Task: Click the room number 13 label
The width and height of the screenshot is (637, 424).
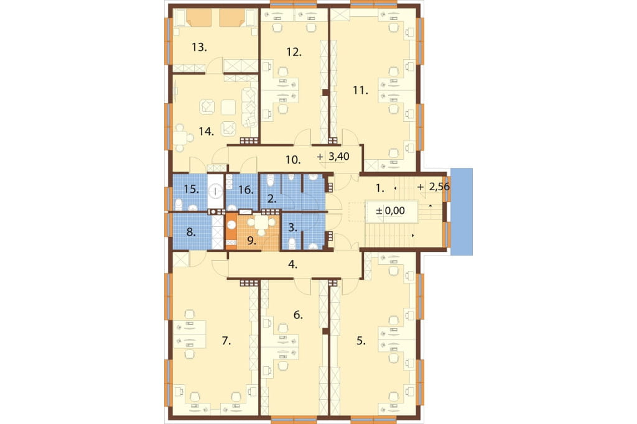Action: [x=199, y=47]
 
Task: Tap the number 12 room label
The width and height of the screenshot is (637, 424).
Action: [x=294, y=52]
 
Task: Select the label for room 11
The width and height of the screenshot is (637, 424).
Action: [x=360, y=90]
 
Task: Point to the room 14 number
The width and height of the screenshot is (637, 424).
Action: [x=207, y=132]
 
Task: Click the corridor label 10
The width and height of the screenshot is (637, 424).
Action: [x=292, y=160]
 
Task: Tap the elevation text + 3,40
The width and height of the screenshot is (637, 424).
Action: [x=333, y=157]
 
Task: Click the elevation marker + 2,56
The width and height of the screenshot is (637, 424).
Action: [x=434, y=187]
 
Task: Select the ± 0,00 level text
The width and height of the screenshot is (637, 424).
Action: [x=391, y=211]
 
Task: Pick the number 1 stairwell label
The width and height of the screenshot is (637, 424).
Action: [x=379, y=188]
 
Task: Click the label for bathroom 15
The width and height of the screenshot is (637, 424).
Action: [x=191, y=189]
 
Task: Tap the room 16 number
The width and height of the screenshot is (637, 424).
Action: [x=246, y=190]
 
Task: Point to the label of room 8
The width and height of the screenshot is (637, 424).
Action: [x=191, y=233]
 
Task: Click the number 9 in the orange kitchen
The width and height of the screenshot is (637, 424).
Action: [x=252, y=241]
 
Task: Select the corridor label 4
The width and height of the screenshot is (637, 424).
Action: [x=292, y=264]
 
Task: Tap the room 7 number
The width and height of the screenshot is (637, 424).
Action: [x=226, y=341]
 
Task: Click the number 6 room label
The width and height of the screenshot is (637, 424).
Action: [x=298, y=315]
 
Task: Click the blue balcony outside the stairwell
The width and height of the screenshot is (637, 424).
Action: [x=462, y=211]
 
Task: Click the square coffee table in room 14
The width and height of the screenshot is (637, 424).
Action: [x=228, y=107]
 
